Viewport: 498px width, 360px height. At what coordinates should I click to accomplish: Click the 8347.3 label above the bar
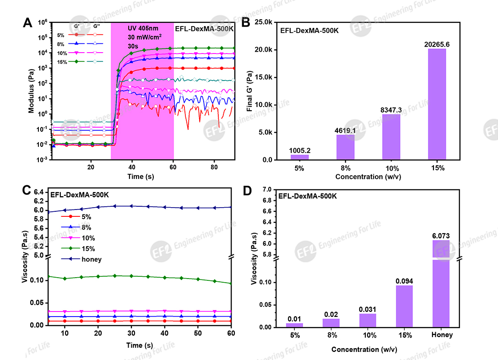[391, 110]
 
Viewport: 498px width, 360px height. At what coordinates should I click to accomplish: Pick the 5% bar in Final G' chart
[300, 157]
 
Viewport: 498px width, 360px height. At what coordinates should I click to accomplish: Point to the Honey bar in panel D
[442, 284]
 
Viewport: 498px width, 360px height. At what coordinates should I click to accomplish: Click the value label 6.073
[442, 235]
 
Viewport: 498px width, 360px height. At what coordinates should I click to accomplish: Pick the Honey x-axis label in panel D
[442, 335]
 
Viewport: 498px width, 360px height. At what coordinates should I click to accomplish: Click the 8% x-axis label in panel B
[346, 168]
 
